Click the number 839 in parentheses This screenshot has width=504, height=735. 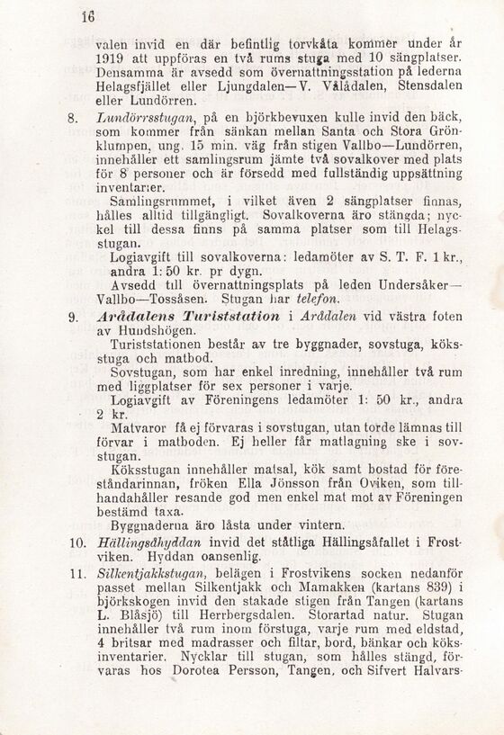click(x=426, y=587)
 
